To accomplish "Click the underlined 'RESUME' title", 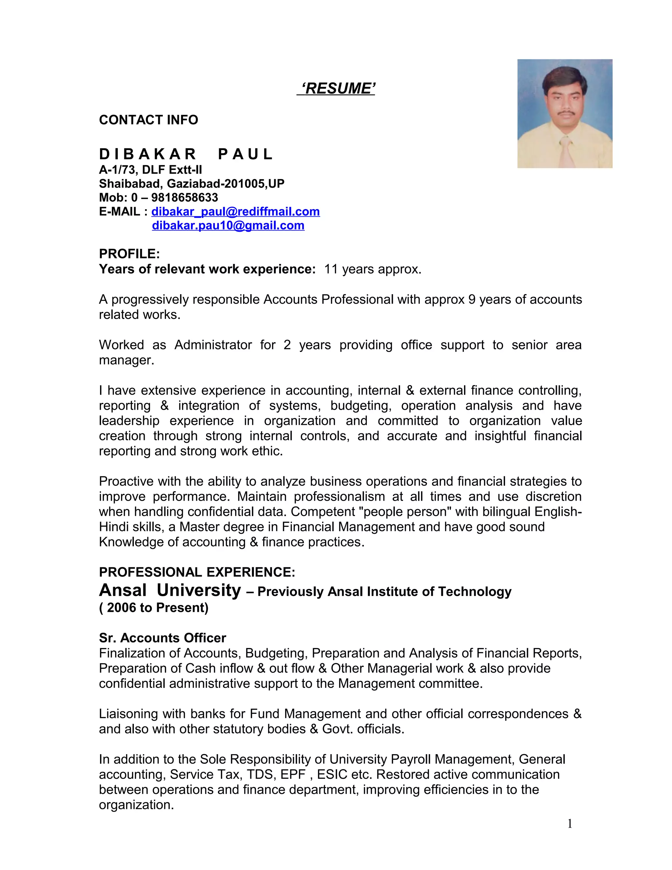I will pyautogui.click(x=336, y=88).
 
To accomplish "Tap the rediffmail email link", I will pyautogui.click(x=235, y=211).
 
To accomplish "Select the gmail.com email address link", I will pyautogui.click(x=228, y=226).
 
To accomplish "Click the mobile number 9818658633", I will pyautogui.click(x=184, y=198).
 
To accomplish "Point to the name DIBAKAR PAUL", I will pyautogui.click(x=185, y=154).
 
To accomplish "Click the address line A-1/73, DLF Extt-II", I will pyautogui.click(x=151, y=170).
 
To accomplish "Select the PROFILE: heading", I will pyautogui.click(x=129, y=254).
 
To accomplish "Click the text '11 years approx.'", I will pyautogui.click(x=373, y=269).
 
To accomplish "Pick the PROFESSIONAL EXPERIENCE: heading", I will pyautogui.click(x=197, y=572).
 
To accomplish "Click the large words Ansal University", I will pyautogui.click(x=170, y=590).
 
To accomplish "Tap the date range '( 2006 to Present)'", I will pyautogui.click(x=154, y=607).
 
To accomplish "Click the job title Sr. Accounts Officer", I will pyautogui.click(x=162, y=638).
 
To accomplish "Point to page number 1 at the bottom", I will pyautogui.click(x=570, y=823).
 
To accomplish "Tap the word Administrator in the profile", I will pyautogui.click(x=213, y=345).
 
